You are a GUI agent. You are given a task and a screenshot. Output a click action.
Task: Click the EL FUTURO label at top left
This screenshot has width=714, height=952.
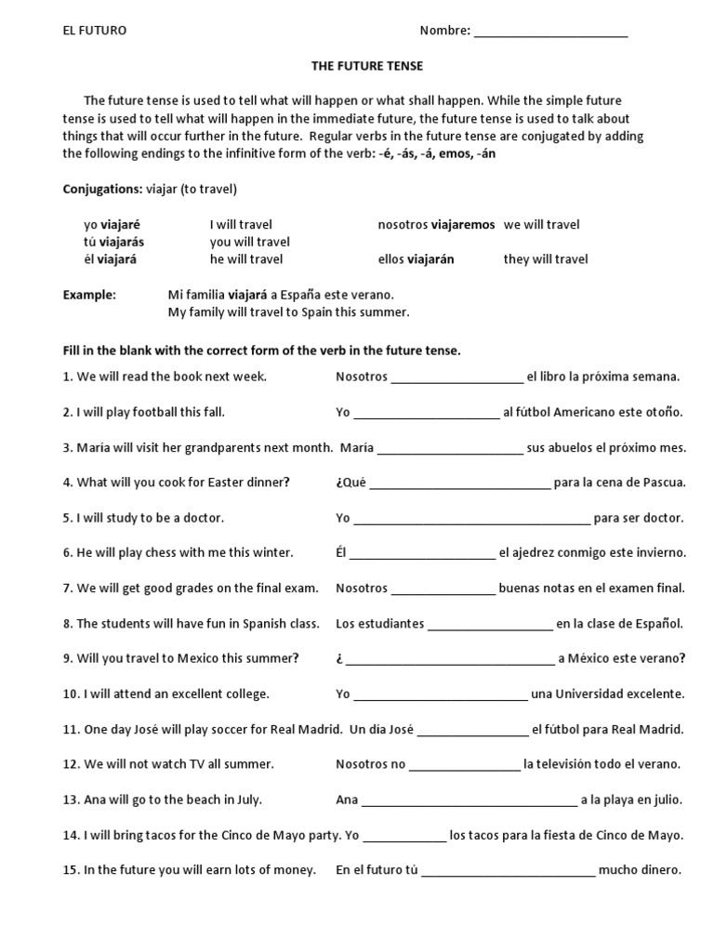pos(95,31)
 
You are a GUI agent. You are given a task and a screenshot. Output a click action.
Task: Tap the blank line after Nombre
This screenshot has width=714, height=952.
pos(550,33)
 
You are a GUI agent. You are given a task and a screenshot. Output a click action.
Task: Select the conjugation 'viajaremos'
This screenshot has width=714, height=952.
pos(463,225)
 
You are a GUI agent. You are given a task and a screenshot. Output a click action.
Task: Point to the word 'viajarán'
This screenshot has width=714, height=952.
pos(430,259)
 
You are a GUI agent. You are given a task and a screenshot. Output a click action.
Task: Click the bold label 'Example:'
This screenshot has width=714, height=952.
pos(89,295)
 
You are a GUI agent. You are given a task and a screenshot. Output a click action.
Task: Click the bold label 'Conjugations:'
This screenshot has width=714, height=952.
pos(102,190)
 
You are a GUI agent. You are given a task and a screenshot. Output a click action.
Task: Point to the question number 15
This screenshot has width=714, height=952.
pos(71,871)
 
